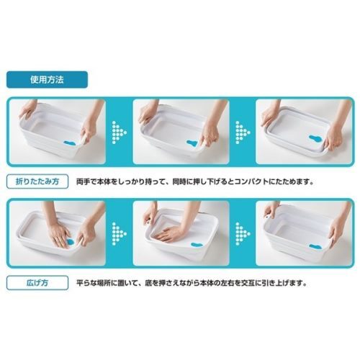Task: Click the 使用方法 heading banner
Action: (x=47, y=80)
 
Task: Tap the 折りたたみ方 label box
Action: (x=37, y=181)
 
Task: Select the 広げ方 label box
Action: (x=37, y=283)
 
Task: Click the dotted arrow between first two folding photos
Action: (x=119, y=132)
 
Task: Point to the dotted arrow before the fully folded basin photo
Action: (x=243, y=132)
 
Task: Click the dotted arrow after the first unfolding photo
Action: (x=119, y=233)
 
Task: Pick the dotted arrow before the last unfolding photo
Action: (x=243, y=233)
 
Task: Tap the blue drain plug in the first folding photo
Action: (x=69, y=143)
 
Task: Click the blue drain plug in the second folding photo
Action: (x=192, y=143)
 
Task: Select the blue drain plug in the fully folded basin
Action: (x=315, y=139)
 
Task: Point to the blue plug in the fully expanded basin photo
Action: (x=315, y=247)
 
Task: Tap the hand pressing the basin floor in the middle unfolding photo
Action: (x=169, y=233)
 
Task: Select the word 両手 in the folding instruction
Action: (x=82, y=181)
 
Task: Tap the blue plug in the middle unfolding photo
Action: (x=197, y=245)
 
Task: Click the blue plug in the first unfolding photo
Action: (x=70, y=242)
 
